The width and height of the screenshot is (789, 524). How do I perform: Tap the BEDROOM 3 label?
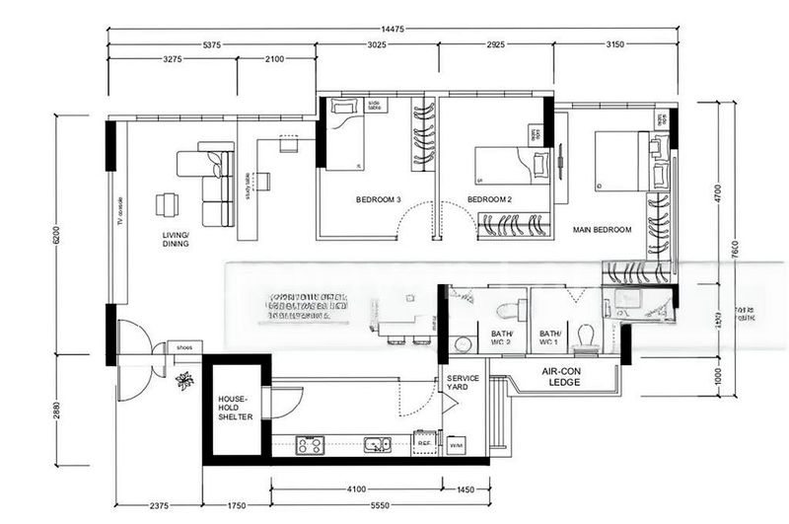click(379, 200)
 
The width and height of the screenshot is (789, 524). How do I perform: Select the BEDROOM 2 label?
click(490, 200)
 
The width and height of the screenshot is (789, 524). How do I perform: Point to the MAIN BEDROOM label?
click(602, 230)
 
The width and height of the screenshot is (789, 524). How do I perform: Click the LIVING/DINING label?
click(176, 239)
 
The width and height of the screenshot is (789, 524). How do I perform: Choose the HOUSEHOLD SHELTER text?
click(236, 408)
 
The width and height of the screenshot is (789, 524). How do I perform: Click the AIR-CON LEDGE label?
click(559, 377)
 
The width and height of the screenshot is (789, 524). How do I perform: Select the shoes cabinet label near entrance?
click(184, 347)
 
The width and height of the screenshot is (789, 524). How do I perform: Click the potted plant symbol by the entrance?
click(183, 380)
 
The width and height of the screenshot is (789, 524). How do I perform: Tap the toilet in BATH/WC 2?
click(507, 311)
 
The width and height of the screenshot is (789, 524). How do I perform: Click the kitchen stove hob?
click(310, 445)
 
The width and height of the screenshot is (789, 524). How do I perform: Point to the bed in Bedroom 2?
click(513, 165)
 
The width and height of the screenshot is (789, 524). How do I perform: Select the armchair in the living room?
click(167, 204)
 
